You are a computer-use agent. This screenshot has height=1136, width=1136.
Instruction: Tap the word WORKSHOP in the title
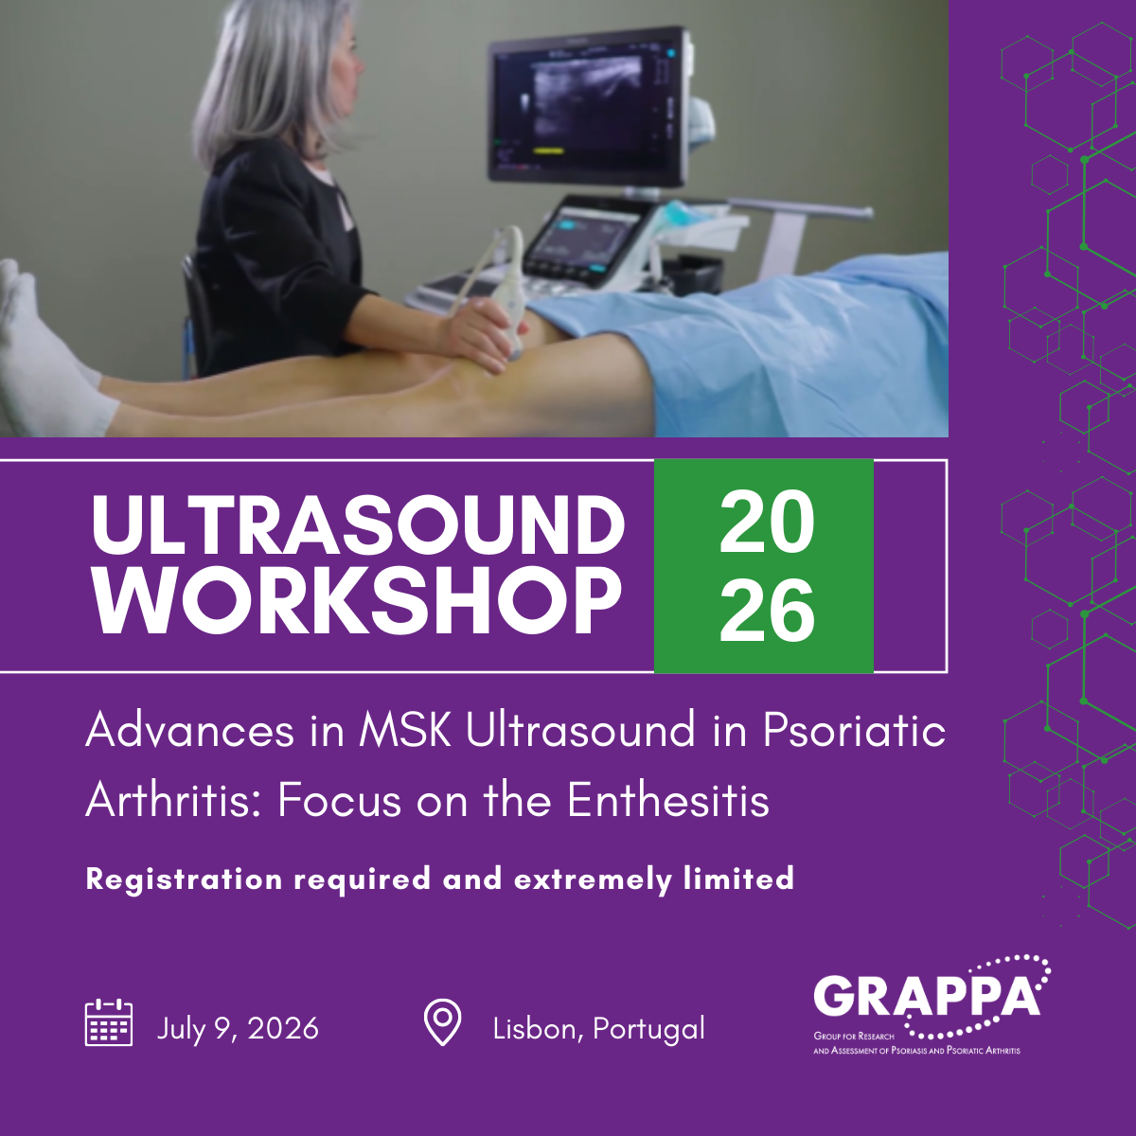tap(358, 601)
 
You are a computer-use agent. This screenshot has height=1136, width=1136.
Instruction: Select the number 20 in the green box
tap(766, 523)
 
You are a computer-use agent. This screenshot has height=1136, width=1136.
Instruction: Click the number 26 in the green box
tap(766, 611)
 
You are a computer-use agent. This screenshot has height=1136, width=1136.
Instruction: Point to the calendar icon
tap(109, 1023)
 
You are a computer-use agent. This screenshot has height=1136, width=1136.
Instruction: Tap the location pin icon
tap(441, 1022)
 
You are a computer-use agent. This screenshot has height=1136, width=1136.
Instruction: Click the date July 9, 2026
tap(238, 1028)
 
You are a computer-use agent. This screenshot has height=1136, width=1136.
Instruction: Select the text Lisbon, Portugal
tap(598, 1028)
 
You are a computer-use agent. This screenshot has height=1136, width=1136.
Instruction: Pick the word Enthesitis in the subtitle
tap(667, 802)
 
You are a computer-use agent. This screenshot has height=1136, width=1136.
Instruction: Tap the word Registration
tap(184, 879)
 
